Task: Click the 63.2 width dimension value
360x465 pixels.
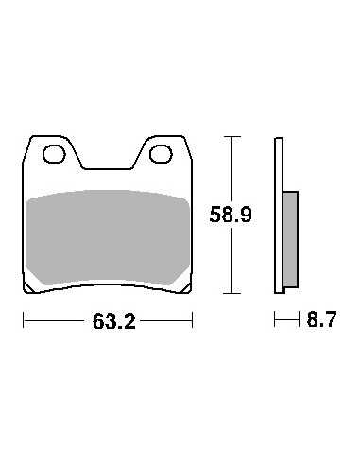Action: coord(114,321)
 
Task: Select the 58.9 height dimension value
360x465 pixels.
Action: coord(231,215)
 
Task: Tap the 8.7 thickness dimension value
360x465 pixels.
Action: coord(321,319)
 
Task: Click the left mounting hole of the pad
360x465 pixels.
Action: coord(54,154)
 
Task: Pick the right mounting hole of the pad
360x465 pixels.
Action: coord(161,154)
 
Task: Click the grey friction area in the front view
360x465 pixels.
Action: coord(108,237)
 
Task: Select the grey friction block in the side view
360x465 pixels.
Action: coord(290,239)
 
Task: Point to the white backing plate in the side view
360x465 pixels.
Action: coord(279,215)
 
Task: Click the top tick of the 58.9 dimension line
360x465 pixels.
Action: coord(232,137)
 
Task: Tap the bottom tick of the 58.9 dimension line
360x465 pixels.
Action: coord(232,293)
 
